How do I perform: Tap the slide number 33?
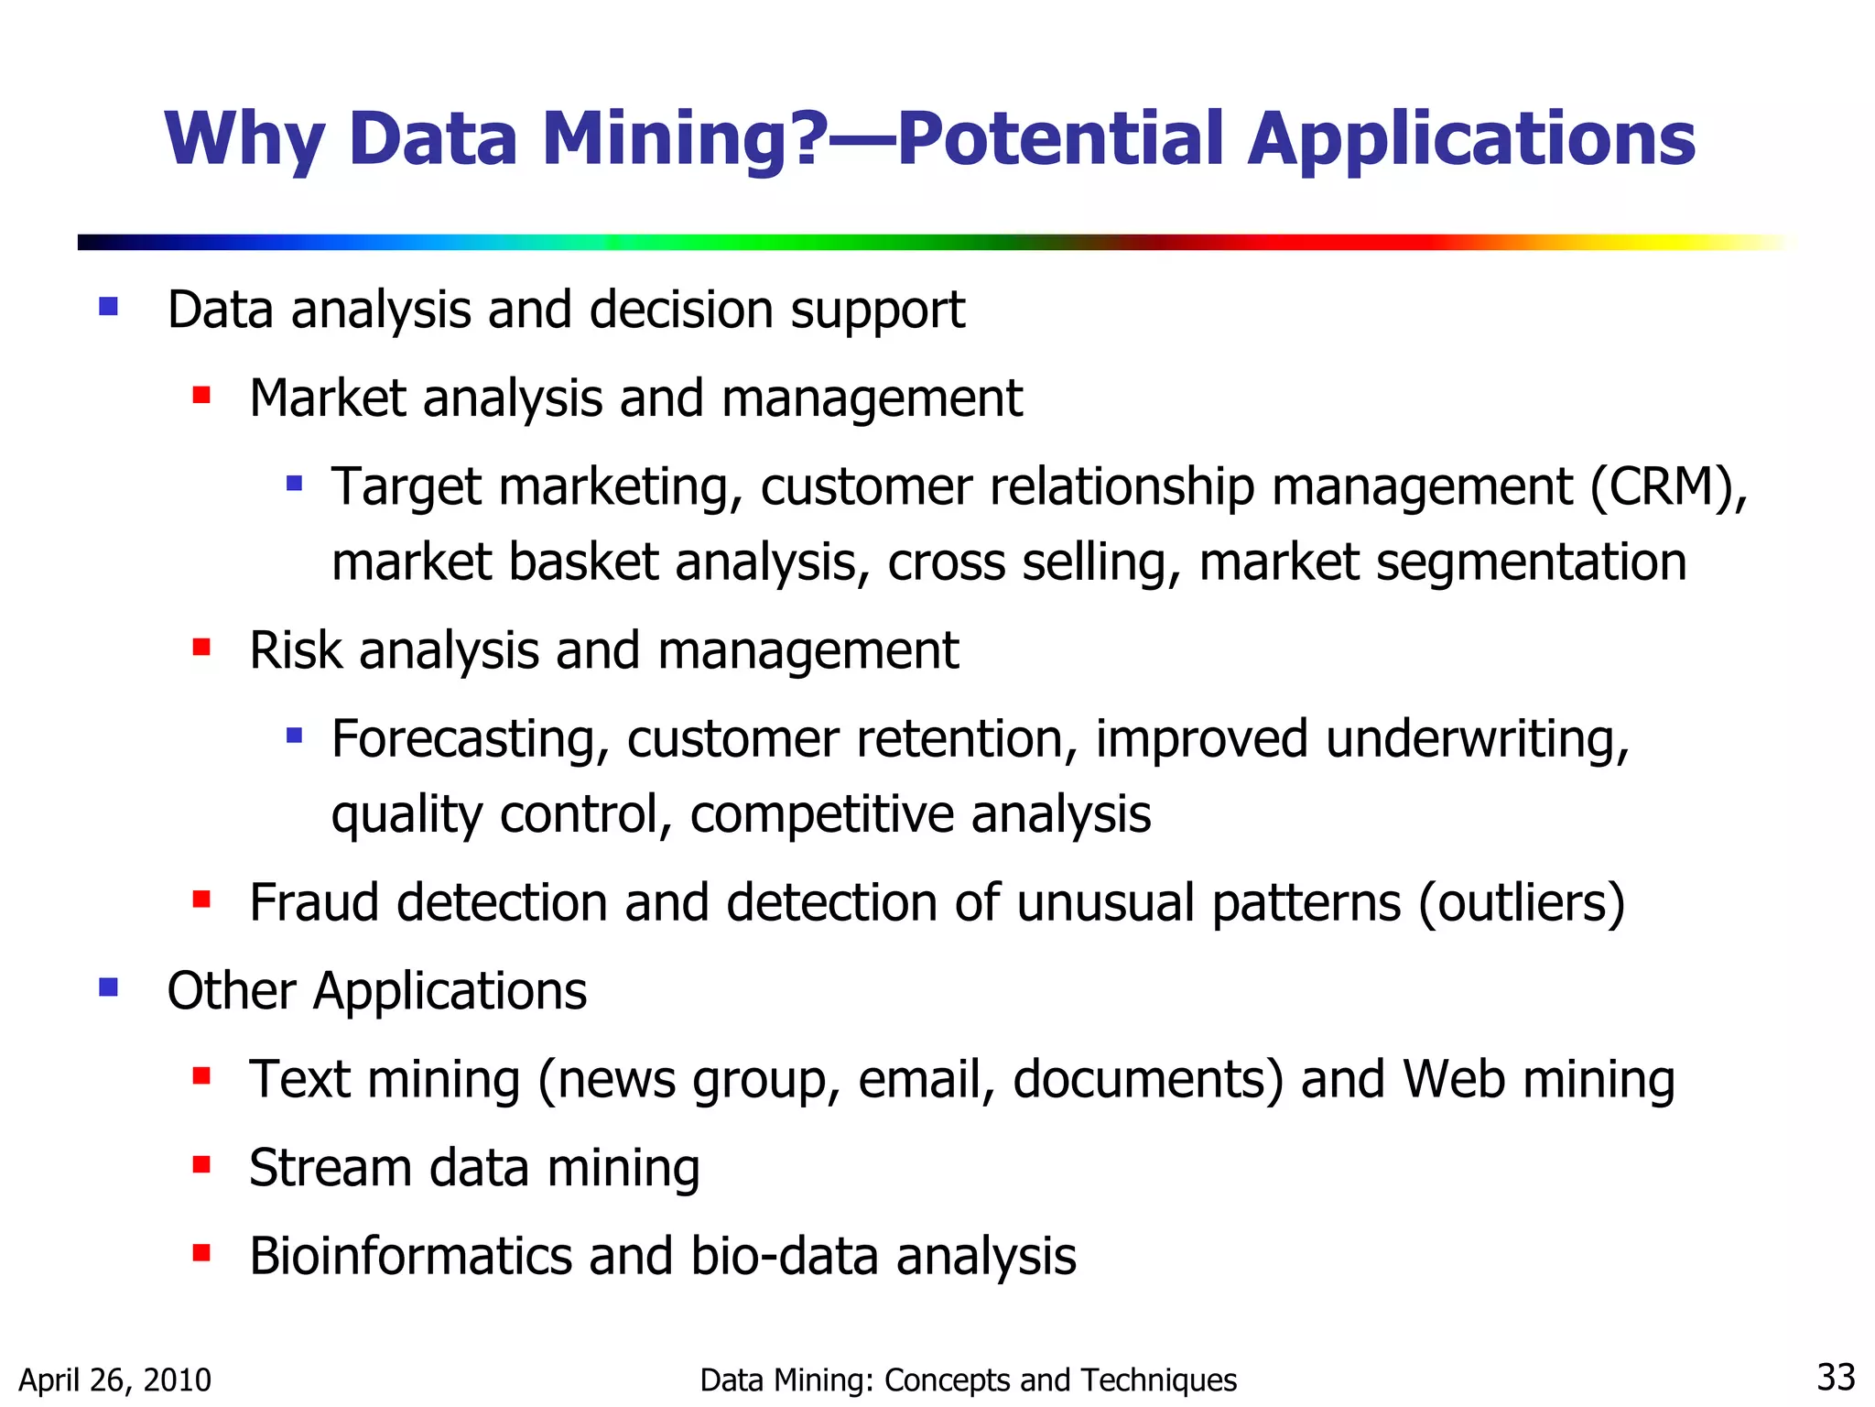(x=1835, y=1377)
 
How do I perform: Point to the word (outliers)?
(x=1521, y=903)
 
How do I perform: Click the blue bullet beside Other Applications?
(x=109, y=987)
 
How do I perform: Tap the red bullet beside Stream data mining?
(x=201, y=1164)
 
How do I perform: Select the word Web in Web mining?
(x=1454, y=1079)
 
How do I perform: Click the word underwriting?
(x=1477, y=739)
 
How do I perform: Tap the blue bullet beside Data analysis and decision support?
(x=109, y=306)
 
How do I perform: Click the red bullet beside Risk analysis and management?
(x=201, y=648)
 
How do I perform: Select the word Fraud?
(x=314, y=903)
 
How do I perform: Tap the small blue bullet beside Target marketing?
(x=294, y=483)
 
